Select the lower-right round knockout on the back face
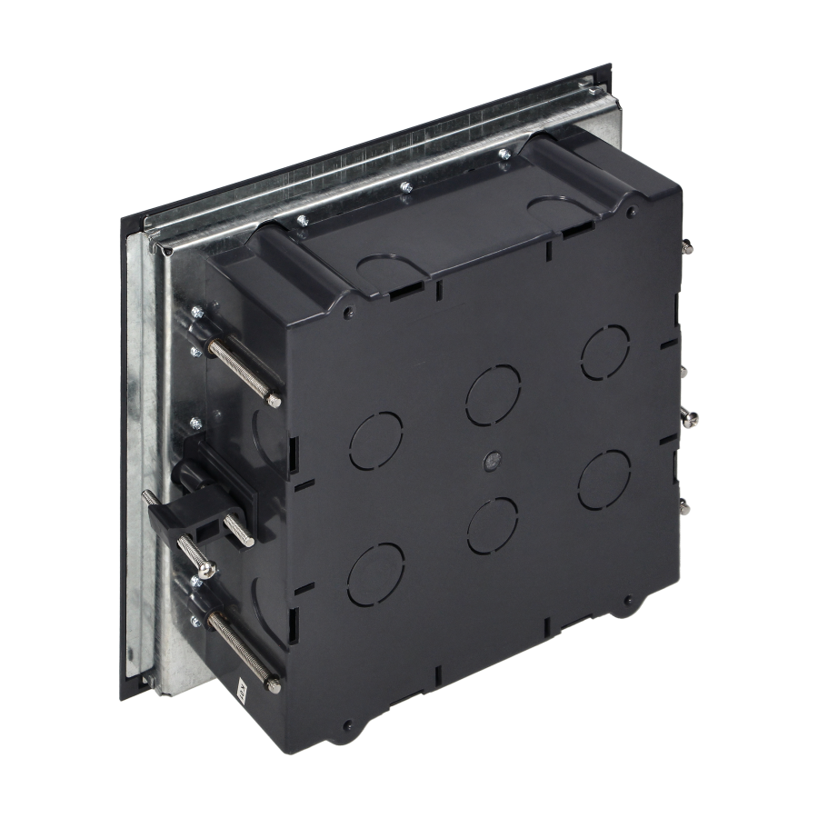(604, 476)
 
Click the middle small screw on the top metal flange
(405, 189)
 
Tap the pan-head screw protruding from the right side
(693, 417)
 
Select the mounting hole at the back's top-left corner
(349, 314)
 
